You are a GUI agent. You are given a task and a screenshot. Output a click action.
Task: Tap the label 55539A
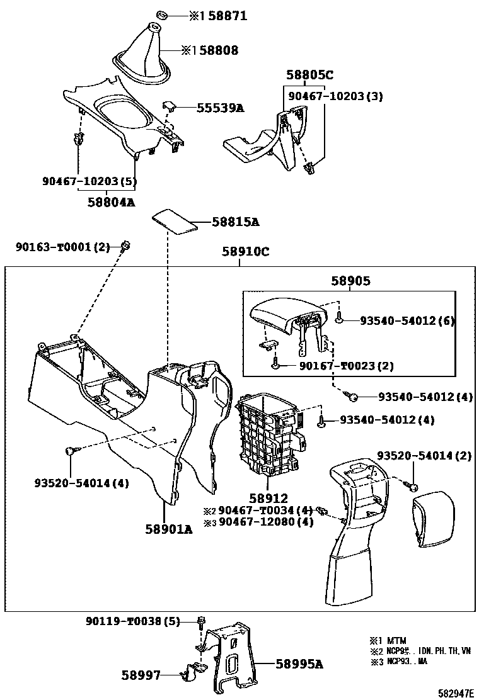pos(220,108)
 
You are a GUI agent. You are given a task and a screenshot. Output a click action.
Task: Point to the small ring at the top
pos(161,14)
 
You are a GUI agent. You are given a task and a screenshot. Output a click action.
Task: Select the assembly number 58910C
pos(245,252)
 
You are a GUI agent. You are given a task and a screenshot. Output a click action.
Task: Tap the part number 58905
pos(350,283)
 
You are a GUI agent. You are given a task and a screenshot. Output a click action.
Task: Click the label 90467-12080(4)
pos(265,522)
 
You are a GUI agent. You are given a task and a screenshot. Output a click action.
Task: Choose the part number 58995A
pos(299,663)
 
